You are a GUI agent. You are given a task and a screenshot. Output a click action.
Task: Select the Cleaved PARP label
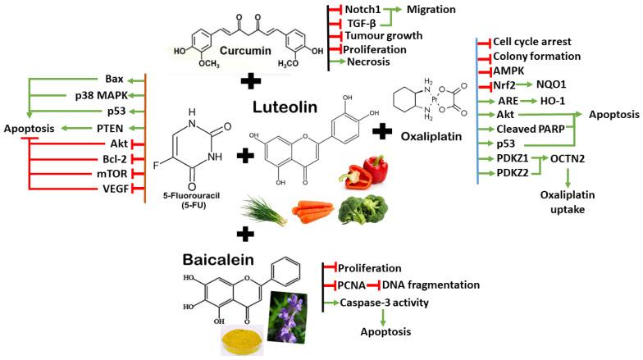527,129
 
